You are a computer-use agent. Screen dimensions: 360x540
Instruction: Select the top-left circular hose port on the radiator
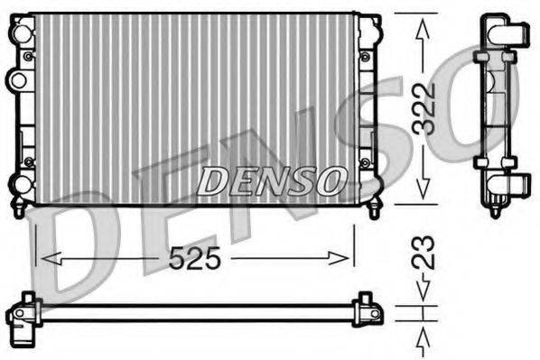(19, 33)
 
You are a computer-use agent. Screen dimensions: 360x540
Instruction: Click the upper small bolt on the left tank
(30, 58)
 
